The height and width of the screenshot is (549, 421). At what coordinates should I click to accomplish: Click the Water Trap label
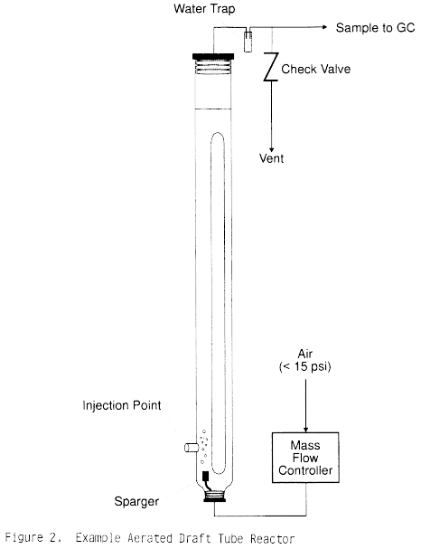pos(204,9)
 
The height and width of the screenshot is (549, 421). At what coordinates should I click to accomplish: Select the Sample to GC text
pos(375,28)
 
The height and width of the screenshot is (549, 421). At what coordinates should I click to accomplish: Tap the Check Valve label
pos(316,69)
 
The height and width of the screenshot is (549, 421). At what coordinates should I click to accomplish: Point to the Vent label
pos(271,158)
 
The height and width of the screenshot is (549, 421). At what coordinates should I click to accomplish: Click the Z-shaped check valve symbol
pos(271,67)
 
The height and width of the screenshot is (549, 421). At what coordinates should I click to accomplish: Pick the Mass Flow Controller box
pos(305,458)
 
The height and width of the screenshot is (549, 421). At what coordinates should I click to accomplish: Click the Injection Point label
pos(122,405)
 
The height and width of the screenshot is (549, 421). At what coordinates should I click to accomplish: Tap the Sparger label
pos(136,501)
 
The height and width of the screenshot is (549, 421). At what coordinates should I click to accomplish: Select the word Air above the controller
pos(305,354)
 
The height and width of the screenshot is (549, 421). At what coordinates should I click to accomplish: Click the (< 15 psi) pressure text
pos(305,366)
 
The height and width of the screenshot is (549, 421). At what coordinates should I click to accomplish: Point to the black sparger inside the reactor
pos(206,477)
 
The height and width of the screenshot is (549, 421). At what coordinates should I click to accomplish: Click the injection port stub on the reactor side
pos(192,448)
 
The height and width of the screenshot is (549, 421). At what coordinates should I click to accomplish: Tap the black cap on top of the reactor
pos(213,56)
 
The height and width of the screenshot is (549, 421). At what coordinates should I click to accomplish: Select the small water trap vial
pos(248,42)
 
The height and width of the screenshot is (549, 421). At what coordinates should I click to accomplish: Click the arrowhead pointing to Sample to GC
pos(324,27)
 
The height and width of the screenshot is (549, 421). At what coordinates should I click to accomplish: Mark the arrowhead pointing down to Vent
pos(271,149)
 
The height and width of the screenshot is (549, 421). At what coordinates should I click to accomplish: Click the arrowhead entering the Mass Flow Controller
pos(305,430)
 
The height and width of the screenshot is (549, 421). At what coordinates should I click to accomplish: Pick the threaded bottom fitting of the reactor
pos(214,497)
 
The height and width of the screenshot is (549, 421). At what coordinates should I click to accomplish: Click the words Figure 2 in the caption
pos(33,537)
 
